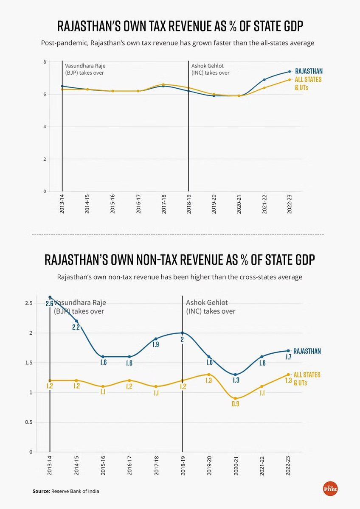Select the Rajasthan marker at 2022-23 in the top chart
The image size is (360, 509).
pos(289,71)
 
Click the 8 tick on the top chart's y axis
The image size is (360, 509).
pos(44,62)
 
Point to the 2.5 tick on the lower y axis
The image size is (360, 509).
pos(28,303)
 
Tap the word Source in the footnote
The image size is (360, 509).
pos(41,491)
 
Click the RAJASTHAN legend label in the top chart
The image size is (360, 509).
pos(308,72)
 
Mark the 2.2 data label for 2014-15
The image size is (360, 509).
pos(76,327)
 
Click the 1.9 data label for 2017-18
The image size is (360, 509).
pos(156,344)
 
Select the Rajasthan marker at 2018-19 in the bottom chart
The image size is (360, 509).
pos(183,333)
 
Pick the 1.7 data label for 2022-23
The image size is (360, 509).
pos(289,357)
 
